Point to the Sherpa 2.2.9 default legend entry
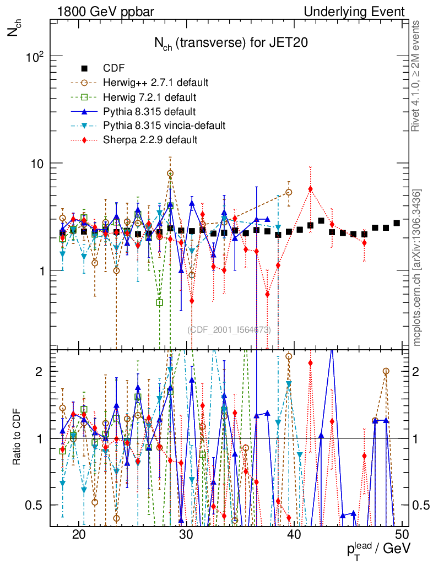(x=150, y=140)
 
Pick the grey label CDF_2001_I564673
(x=229, y=330)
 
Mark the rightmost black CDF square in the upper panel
(x=397, y=223)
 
